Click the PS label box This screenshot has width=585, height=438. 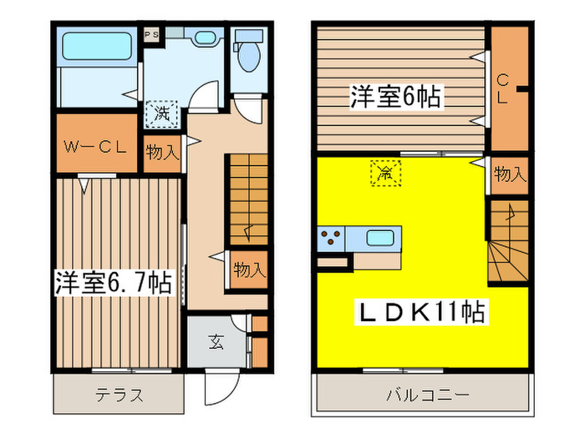tap(151, 34)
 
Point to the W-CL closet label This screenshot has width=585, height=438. tap(96, 149)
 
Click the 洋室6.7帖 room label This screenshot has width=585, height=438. tap(114, 282)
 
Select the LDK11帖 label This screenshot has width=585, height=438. tap(423, 314)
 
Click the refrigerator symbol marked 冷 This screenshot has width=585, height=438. tap(386, 174)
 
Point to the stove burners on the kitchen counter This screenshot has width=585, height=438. tap(329, 239)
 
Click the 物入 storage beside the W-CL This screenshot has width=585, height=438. tap(162, 152)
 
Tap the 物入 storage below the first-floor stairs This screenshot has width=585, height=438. tap(248, 270)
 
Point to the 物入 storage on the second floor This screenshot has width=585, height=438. tap(509, 174)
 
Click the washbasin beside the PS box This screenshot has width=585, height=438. tap(202, 38)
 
